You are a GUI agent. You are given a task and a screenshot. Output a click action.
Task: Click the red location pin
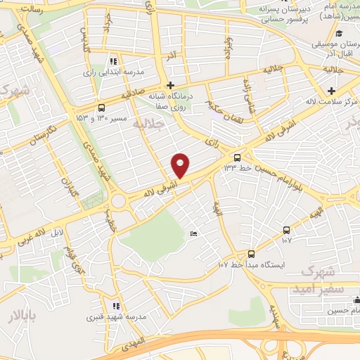tap(181, 165)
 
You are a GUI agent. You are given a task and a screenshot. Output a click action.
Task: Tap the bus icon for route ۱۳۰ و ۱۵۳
tap(102, 108)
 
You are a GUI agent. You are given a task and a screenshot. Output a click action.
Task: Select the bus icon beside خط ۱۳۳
tap(237, 157)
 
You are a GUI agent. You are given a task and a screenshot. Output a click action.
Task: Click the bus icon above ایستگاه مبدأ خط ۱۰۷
tap(251, 254)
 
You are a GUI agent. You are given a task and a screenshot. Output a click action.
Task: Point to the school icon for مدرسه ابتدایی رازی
tap(115, 61)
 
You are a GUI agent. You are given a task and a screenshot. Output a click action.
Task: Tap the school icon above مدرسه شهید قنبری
tap(116, 306)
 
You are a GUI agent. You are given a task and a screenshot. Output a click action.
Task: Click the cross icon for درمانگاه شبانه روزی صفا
tap(171, 84)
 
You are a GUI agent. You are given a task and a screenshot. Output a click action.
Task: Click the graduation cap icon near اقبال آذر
tap(338, 33)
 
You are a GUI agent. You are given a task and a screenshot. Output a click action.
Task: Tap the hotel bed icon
tap(193, 234)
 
